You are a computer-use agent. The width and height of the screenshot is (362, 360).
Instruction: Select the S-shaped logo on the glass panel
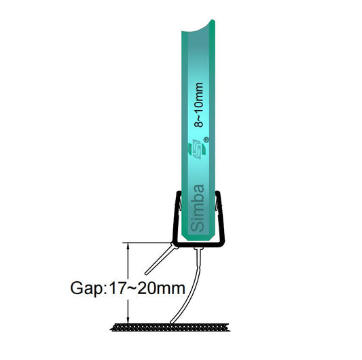pos(196,147)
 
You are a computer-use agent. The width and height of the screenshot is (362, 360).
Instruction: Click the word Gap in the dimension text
pos(85,287)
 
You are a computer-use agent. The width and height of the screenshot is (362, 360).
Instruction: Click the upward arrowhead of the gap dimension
pos(128,247)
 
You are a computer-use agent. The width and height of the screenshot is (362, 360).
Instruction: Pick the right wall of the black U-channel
pos(222,217)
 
